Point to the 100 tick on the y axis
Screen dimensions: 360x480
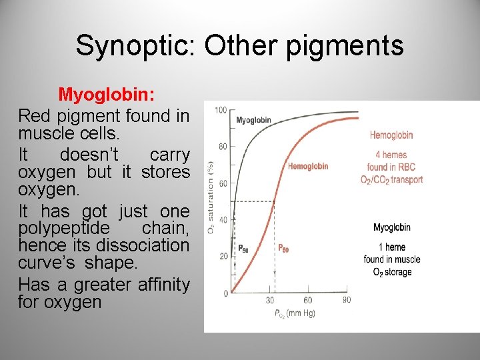[221, 110]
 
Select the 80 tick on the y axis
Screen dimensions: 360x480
[223, 146]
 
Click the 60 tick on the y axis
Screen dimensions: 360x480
[223, 183]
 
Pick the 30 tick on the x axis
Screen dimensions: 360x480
[270, 301]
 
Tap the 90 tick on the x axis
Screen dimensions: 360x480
[347, 300]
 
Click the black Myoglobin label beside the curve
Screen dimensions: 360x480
[253, 121]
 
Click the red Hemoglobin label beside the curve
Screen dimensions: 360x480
[308, 166]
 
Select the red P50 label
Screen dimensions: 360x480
[283, 248]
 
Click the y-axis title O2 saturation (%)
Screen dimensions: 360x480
[211, 197]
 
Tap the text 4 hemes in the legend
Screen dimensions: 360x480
[391, 155]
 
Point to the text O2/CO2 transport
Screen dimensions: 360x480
[391, 179]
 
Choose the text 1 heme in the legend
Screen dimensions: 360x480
[391, 247]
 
